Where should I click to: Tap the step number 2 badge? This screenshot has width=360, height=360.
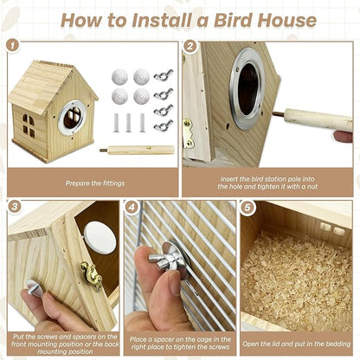coord(190,44)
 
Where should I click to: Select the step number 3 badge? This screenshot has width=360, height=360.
coord(14,208)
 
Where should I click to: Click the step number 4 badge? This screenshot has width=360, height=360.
coord(132,208)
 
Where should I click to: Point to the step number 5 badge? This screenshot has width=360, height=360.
coord(248,208)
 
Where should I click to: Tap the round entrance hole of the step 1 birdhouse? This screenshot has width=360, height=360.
coord(72,116)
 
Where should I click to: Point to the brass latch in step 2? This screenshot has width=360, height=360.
coord(188,132)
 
